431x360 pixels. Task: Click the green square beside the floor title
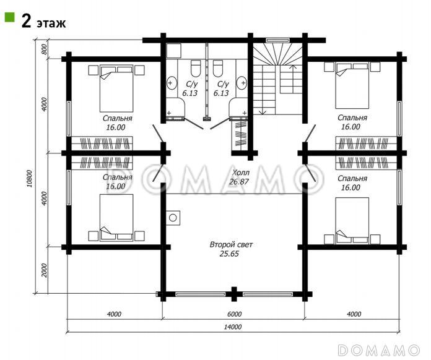pos(9,17)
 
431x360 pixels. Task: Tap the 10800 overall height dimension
pos(30,179)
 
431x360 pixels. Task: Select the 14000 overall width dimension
pos(233,327)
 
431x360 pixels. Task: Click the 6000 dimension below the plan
pos(235,314)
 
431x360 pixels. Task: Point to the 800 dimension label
pos(45,49)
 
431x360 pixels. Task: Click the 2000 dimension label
pos(45,270)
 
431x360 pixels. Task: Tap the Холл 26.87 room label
pos(240,177)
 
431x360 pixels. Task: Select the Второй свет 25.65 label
pos(230,249)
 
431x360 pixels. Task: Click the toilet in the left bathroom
pos(196,69)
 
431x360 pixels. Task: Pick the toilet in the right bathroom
pos(218,69)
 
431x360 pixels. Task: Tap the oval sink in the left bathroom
pos(172,83)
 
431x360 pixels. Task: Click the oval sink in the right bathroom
pos(242,83)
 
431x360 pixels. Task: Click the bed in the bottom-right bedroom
pos(352,220)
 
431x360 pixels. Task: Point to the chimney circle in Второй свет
pos(173,218)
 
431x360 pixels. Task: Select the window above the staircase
pos(277,40)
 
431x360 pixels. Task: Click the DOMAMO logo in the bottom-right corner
pos(379,350)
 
